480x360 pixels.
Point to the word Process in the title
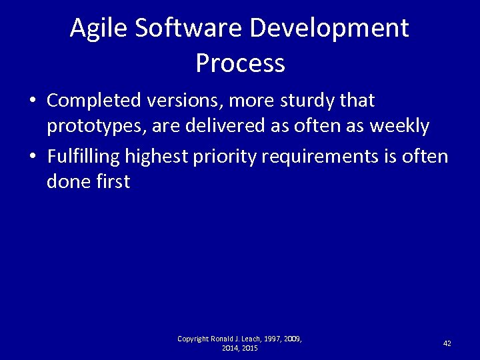[x=240, y=63]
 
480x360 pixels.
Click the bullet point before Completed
[x=32, y=101]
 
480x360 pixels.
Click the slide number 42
[x=447, y=343]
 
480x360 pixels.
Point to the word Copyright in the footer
[x=193, y=339]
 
